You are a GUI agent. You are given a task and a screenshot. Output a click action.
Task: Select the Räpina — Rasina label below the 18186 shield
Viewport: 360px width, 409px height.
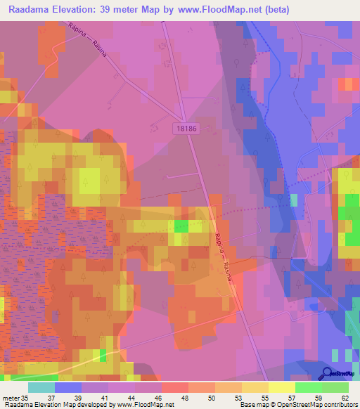[x=223, y=257]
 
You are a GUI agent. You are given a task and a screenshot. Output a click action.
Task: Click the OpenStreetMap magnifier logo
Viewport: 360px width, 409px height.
[x=326, y=374]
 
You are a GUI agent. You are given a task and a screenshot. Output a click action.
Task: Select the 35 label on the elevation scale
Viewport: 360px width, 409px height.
[x=27, y=397]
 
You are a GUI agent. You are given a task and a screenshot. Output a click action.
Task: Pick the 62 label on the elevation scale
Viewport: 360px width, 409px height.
[x=344, y=397]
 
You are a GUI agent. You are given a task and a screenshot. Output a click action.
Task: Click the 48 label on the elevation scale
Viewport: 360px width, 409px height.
[x=184, y=397]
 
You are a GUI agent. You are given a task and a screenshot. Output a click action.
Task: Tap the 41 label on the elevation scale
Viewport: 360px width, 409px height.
[x=105, y=397]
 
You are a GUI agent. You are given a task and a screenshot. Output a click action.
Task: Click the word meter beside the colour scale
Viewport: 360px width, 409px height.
[x=11, y=397]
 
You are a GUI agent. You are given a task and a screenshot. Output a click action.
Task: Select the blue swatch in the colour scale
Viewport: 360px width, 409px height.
[x=67, y=387]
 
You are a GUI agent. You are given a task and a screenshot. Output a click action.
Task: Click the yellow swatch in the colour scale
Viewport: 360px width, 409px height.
[x=281, y=387]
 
